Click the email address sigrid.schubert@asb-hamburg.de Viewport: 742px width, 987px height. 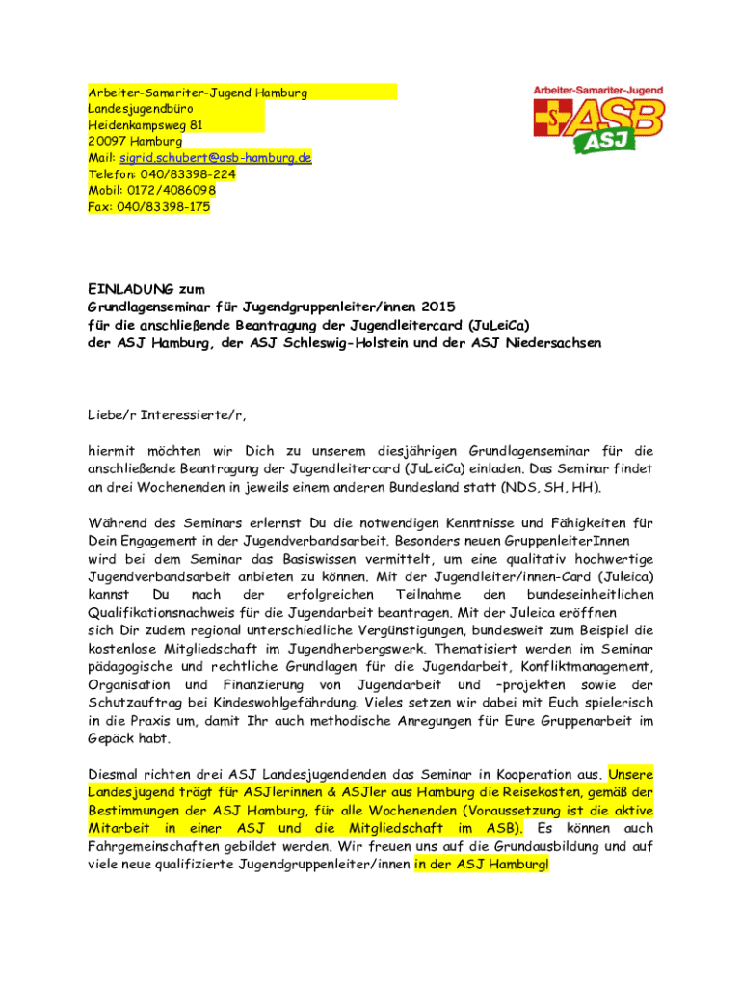[x=215, y=157]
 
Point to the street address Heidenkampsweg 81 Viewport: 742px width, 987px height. [x=145, y=124]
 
